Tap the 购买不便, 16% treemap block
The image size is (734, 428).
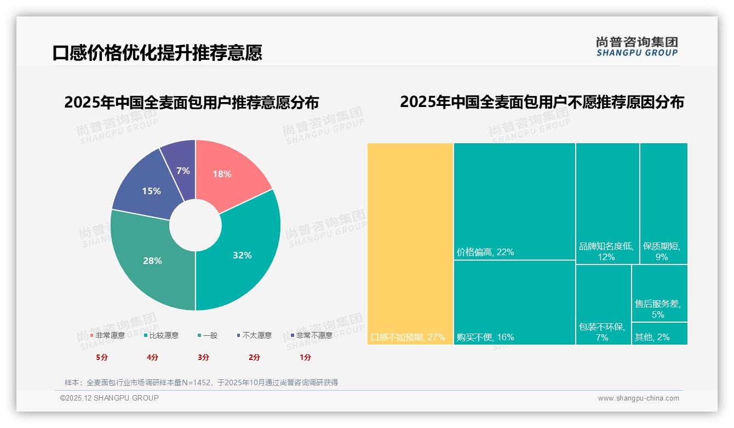point(514,302)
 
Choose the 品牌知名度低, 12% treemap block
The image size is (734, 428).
point(607,203)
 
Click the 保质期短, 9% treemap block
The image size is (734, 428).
point(663,203)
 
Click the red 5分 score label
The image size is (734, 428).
point(102,357)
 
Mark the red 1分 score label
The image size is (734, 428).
point(305,357)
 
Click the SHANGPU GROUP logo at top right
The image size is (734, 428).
point(636,47)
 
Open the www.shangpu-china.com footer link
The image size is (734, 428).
point(638,398)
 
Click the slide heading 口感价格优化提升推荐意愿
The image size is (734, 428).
point(157,53)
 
